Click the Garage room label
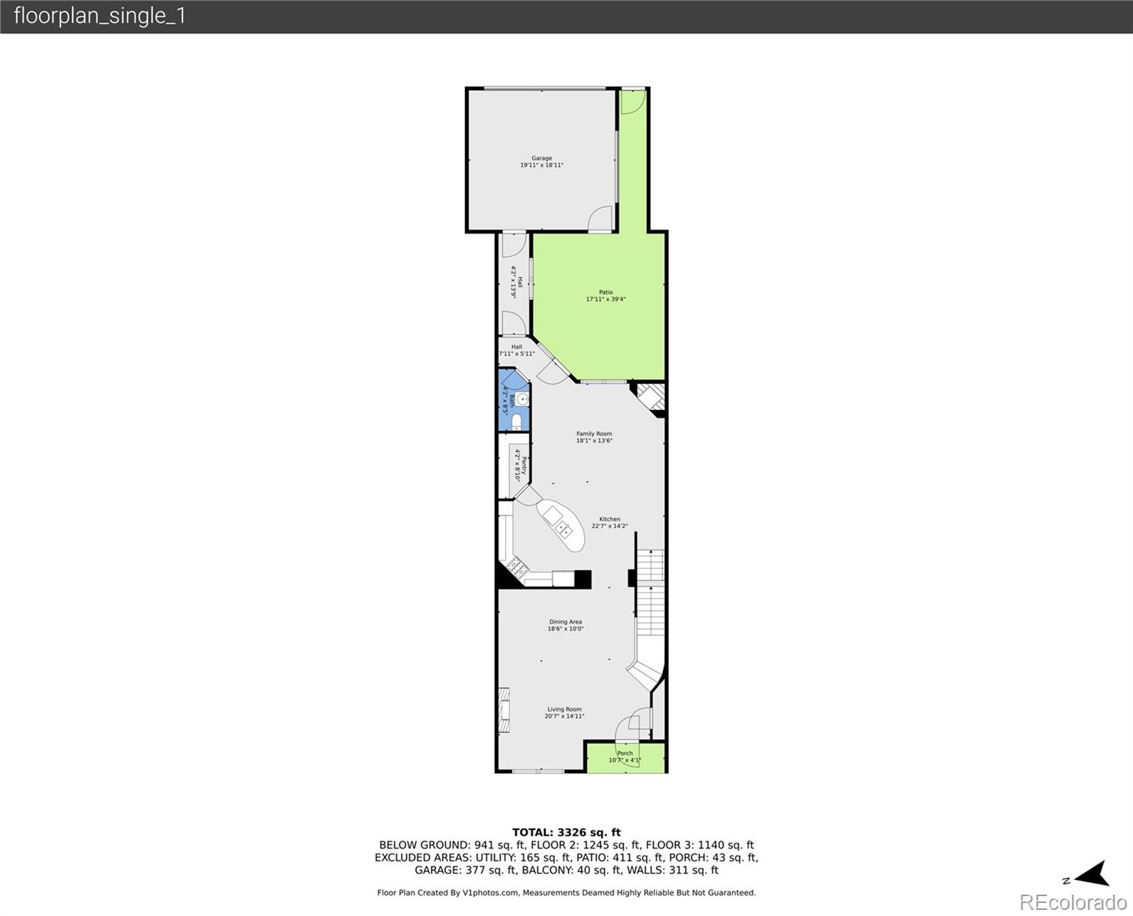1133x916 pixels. point(541,162)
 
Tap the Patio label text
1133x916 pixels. point(605,296)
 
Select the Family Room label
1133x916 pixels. point(594,437)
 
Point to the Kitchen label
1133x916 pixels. point(609,522)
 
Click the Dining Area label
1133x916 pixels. point(565,625)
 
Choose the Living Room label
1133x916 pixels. point(564,713)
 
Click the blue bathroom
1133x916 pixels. point(513,400)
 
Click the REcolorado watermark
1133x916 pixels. point(1073,902)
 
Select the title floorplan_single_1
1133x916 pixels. point(100,16)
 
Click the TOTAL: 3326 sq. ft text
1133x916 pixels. point(566,832)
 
